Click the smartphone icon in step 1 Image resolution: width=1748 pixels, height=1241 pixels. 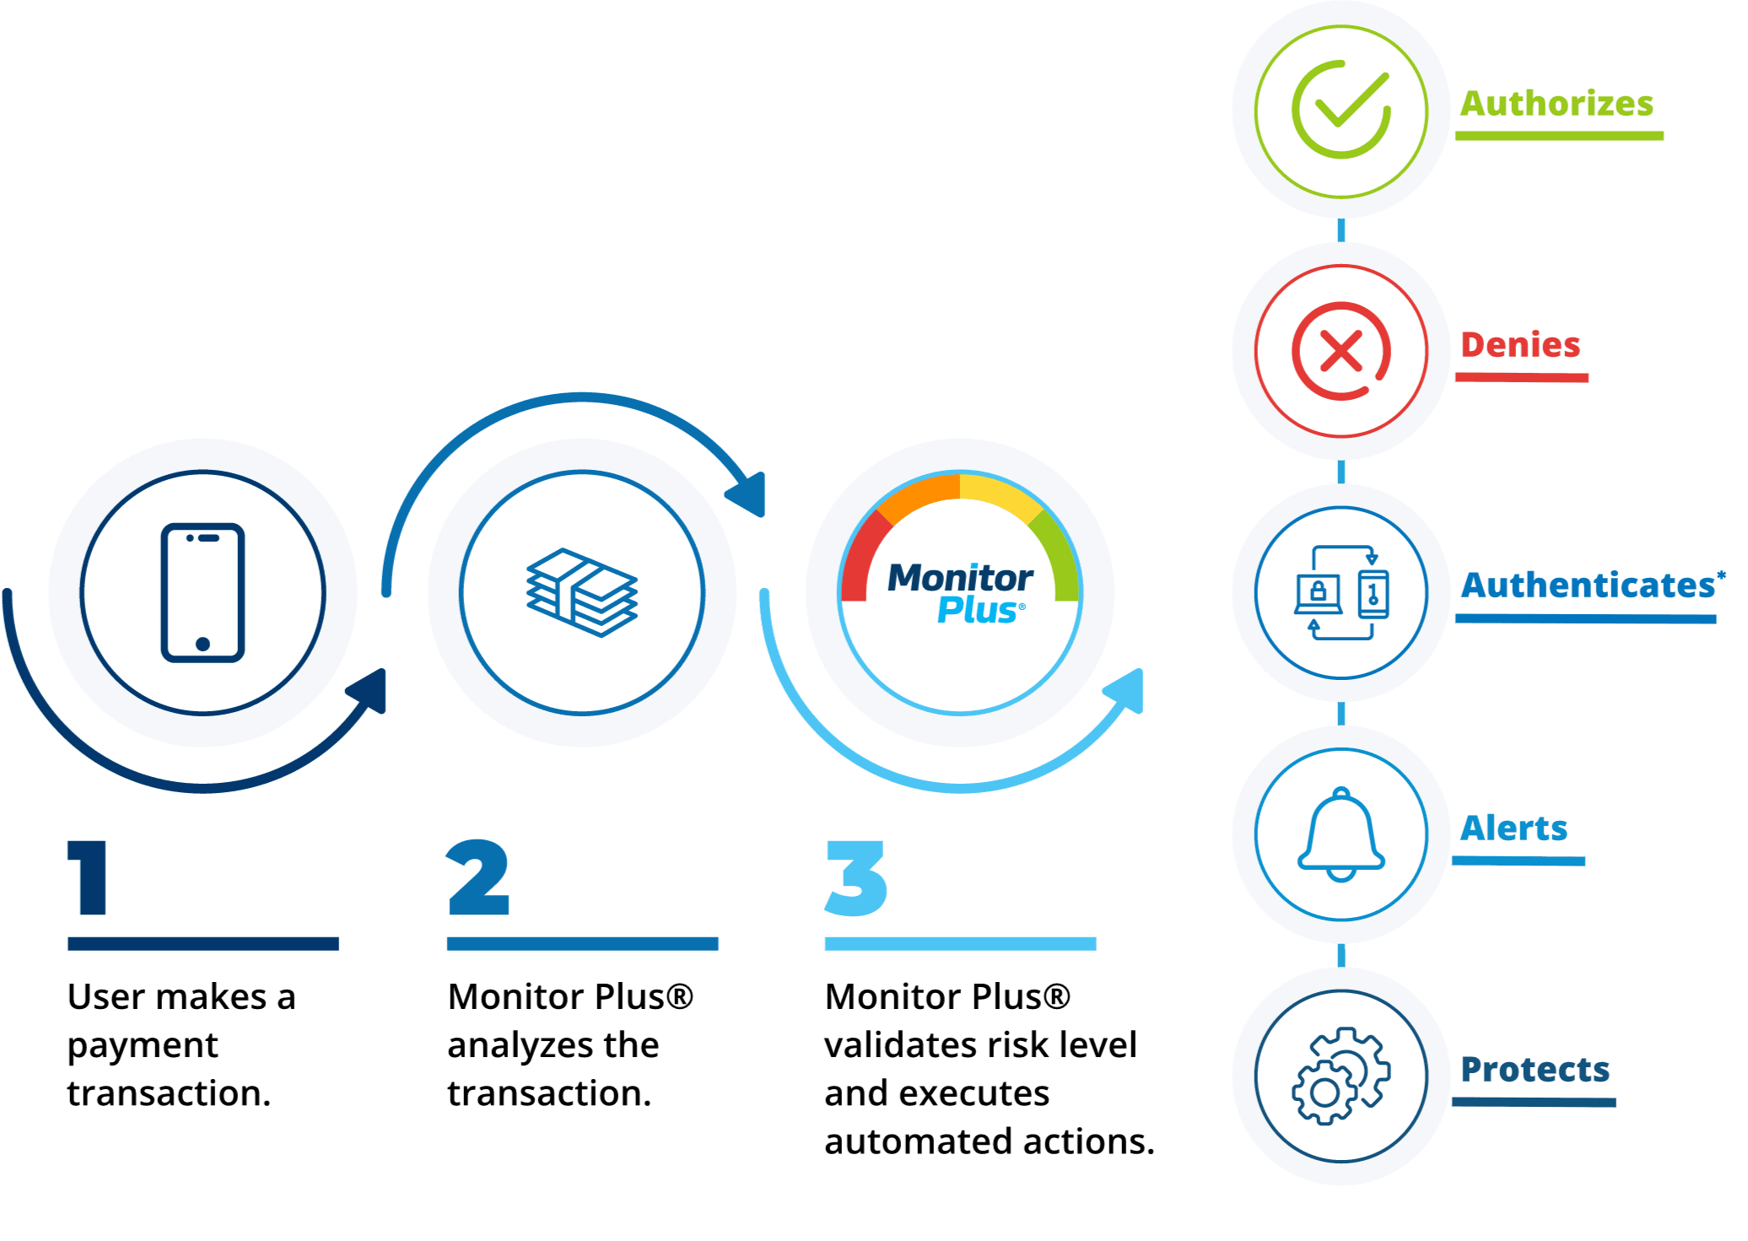(202, 592)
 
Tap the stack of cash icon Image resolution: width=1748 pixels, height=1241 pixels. (581, 592)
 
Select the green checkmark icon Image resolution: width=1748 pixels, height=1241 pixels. (1341, 110)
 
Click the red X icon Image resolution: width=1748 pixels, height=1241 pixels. (1341, 351)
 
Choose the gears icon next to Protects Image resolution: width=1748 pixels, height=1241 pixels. (1341, 1076)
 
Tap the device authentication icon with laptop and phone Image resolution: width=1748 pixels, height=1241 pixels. (1341, 592)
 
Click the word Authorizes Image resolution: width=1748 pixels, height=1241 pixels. (1556, 104)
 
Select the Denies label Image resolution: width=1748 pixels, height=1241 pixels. (1520, 345)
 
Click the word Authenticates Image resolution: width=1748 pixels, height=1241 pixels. (1588, 585)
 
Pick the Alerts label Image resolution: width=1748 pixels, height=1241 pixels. (1514, 828)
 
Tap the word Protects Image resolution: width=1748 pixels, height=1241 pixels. (1535, 1070)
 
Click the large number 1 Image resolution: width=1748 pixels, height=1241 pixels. (89, 877)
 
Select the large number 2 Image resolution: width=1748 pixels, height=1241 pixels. (478, 877)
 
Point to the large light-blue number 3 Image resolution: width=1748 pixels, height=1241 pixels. (856, 877)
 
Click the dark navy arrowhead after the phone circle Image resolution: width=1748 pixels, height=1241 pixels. (370, 690)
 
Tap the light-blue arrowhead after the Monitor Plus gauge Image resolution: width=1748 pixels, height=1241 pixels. (1126, 690)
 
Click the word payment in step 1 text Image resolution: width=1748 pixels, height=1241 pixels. (143, 1045)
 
